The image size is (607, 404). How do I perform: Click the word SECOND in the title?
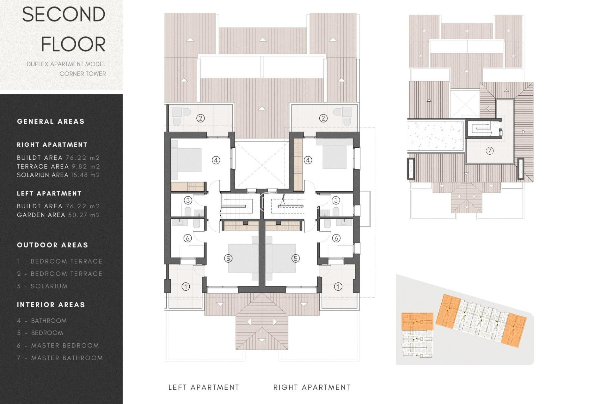tap(64, 15)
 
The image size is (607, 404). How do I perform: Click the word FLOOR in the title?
tap(73, 44)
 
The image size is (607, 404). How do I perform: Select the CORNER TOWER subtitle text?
tap(83, 74)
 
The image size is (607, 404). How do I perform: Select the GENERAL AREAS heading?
tap(51, 122)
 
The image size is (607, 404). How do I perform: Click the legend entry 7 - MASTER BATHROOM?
tap(60, 358)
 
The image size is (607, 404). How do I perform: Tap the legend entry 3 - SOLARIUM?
tap(42, 286)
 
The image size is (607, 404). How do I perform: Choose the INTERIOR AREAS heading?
tap(51, 305)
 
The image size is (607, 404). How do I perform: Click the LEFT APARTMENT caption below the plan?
tap(204, 387)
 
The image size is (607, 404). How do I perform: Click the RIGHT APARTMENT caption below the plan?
tap(312, 387)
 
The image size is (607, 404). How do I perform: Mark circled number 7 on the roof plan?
tap(489, 151)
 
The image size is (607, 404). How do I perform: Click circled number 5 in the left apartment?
tap(228, 258)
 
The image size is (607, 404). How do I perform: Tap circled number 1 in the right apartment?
tap(338, 287)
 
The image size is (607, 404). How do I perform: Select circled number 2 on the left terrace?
tap(200, 118)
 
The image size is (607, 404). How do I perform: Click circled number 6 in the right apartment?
tap(336, 238)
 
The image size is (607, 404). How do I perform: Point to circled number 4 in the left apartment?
tap(216, 160)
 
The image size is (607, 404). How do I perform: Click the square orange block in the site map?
tap(417, 321)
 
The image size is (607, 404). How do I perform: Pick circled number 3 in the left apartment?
tap(188, 200)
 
